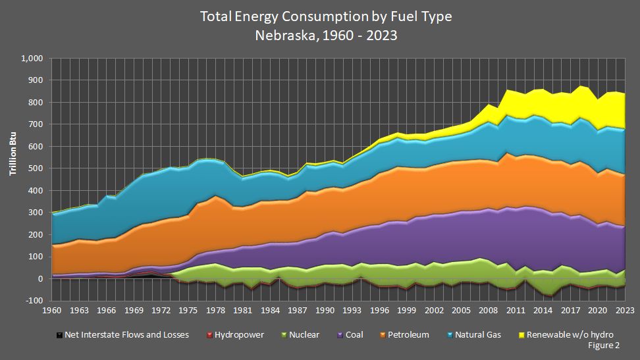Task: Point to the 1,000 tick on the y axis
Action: pyautogui.click(x=32, y=59)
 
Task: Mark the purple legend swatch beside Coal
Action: pyautogui.click(x=339, y=335)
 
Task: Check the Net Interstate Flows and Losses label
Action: pyautogui.click(x=126, y=335)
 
